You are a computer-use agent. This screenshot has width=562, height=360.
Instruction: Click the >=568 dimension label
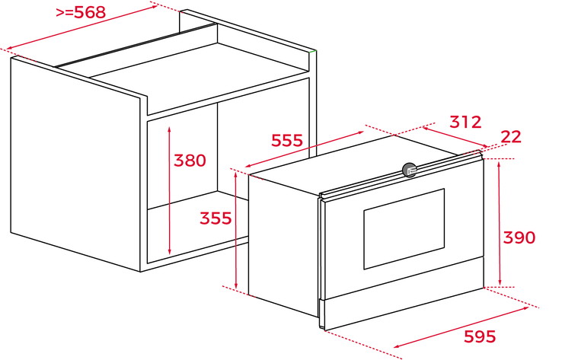[81, 12]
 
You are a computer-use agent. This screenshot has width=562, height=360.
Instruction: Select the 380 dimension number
[190, 161]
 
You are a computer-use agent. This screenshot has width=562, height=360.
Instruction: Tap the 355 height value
[216, 218]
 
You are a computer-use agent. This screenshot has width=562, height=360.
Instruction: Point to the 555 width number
[287, 140]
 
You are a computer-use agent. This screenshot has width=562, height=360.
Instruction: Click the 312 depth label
[465, 122]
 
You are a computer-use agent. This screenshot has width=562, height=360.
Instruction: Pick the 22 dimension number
[511, 137]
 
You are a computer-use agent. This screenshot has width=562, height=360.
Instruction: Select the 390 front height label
[519, 237]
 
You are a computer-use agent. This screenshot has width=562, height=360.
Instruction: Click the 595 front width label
[480, 336]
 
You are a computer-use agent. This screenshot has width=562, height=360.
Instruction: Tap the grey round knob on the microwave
[409, 170]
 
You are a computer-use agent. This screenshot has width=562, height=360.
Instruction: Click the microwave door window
[404, 229]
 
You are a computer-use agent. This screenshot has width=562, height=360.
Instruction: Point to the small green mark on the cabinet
[313, 52]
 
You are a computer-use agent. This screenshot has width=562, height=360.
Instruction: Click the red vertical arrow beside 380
[170, 190]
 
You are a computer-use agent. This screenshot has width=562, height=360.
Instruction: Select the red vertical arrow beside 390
[500, 223]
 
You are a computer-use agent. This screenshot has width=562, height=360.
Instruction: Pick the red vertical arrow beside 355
[235, 230]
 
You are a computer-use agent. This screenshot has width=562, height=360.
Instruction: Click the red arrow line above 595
[461, 327]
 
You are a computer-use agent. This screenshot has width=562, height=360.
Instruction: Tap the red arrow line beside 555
[305, 149]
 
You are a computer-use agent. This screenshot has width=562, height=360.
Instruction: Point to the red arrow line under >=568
[82, 27]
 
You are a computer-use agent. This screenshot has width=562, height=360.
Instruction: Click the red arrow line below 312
[455, 136]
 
